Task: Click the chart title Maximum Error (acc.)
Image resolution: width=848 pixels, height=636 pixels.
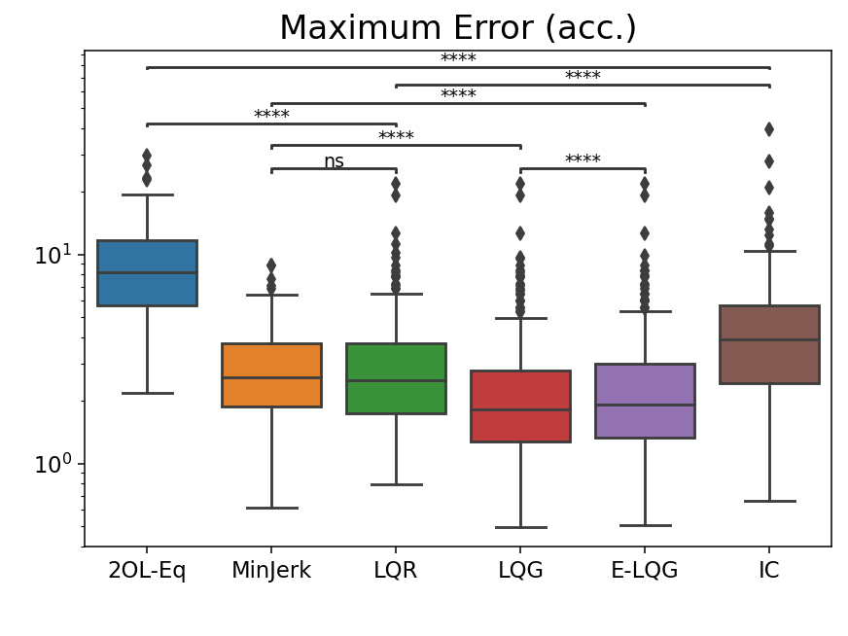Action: point(457,28)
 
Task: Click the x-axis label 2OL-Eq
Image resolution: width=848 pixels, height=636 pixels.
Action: point(147,571)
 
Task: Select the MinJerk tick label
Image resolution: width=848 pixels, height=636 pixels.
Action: point(271,571)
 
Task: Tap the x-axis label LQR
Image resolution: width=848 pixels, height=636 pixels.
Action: point(396,571)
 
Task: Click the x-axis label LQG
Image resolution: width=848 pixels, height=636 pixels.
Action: point(520,571)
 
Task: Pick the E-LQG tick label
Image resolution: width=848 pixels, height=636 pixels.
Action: point(645,571)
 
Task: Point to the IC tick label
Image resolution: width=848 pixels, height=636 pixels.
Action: point(769,571)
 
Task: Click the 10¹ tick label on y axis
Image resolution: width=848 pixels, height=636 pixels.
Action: point(54,256)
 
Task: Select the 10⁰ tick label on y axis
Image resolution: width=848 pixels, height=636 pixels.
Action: point(54,465)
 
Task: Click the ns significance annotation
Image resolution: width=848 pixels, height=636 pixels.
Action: point(334,161)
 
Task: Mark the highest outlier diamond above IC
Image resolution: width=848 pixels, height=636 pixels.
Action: point(769,129)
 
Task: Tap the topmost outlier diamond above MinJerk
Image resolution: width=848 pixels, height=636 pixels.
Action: point(271,265)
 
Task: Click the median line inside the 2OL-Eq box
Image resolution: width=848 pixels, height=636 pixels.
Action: point(147,272)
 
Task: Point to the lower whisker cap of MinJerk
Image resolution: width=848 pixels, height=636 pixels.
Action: point(271,508)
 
